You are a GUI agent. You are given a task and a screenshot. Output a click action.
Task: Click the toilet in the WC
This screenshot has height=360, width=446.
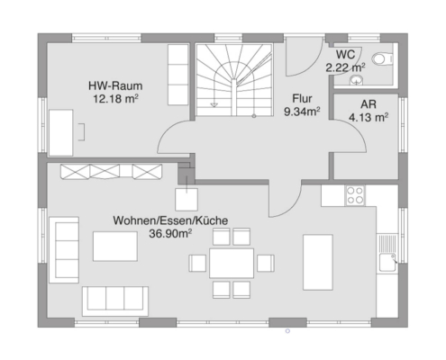pos(382,58)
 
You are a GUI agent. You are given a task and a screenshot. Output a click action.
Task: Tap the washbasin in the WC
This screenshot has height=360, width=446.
pos(357,80)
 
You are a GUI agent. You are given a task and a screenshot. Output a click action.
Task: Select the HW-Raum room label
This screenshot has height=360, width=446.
pos(115,85)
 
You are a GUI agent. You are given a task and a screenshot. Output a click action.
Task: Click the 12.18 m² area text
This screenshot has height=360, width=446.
pos(115,98)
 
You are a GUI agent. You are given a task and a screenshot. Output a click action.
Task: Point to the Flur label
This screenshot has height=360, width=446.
pos(302,98)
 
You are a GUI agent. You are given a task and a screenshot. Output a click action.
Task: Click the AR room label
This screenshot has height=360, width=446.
pos(369,104)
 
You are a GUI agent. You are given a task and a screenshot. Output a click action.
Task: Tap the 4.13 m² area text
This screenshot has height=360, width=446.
pos(369,117)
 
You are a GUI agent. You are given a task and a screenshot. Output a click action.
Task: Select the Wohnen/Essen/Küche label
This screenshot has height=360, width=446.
pos(170,220)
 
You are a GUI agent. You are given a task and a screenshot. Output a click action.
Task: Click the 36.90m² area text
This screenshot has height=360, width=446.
pos(170,233)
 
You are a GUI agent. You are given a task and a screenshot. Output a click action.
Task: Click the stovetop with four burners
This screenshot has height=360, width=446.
pos(355,195)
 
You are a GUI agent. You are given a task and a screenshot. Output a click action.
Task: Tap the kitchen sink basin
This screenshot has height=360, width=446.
pos(387,263)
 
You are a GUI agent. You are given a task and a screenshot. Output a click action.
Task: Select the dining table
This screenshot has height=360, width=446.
pos(232,263)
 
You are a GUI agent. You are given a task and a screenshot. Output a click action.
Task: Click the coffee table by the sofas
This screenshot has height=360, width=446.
pos(115,247)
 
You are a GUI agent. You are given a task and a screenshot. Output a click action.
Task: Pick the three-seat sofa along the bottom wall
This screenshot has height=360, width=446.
pos(115,301)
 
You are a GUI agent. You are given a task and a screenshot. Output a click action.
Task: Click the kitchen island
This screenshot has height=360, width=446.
pos(318,263)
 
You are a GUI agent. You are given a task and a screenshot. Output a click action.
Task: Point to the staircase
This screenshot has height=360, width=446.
pos(234,80)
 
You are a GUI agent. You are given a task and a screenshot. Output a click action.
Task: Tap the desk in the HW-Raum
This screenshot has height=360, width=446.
pos(61,132)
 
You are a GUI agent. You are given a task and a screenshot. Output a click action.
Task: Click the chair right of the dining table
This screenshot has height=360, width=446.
pos(266,264)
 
